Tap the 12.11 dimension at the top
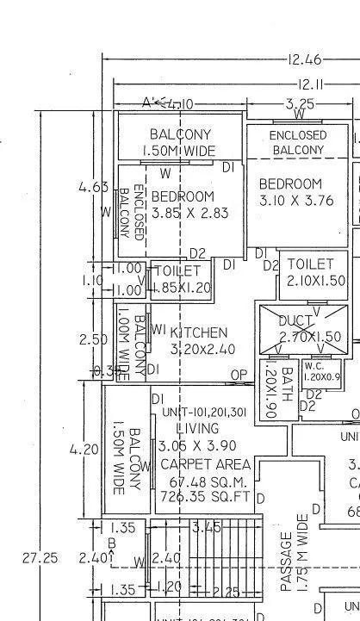[x=311, y=84]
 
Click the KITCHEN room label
[x=199, y=332]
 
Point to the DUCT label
[x=295, y=320]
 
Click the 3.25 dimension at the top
[x=300, y=103]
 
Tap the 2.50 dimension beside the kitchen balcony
[x=93, y=339]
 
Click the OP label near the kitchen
[x=237, y=375]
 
